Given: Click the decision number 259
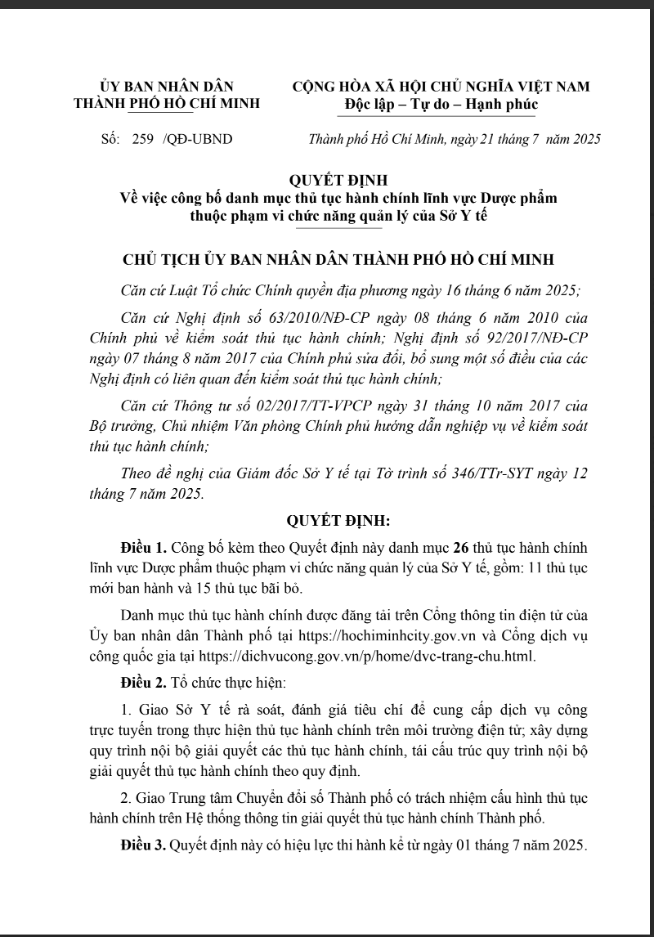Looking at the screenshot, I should pyautogui.click(x=144, y=139).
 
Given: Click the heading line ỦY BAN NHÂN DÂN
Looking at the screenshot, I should pyautogui.click(x=167, y=87).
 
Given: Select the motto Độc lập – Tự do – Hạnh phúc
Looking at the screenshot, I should pyautogui.click(x=441, y=104).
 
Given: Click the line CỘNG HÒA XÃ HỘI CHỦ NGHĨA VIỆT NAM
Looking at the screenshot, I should pyautogui.click(x=441, y=87).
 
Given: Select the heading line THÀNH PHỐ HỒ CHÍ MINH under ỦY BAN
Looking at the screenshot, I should pyautogui.click(x=167, y=104).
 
